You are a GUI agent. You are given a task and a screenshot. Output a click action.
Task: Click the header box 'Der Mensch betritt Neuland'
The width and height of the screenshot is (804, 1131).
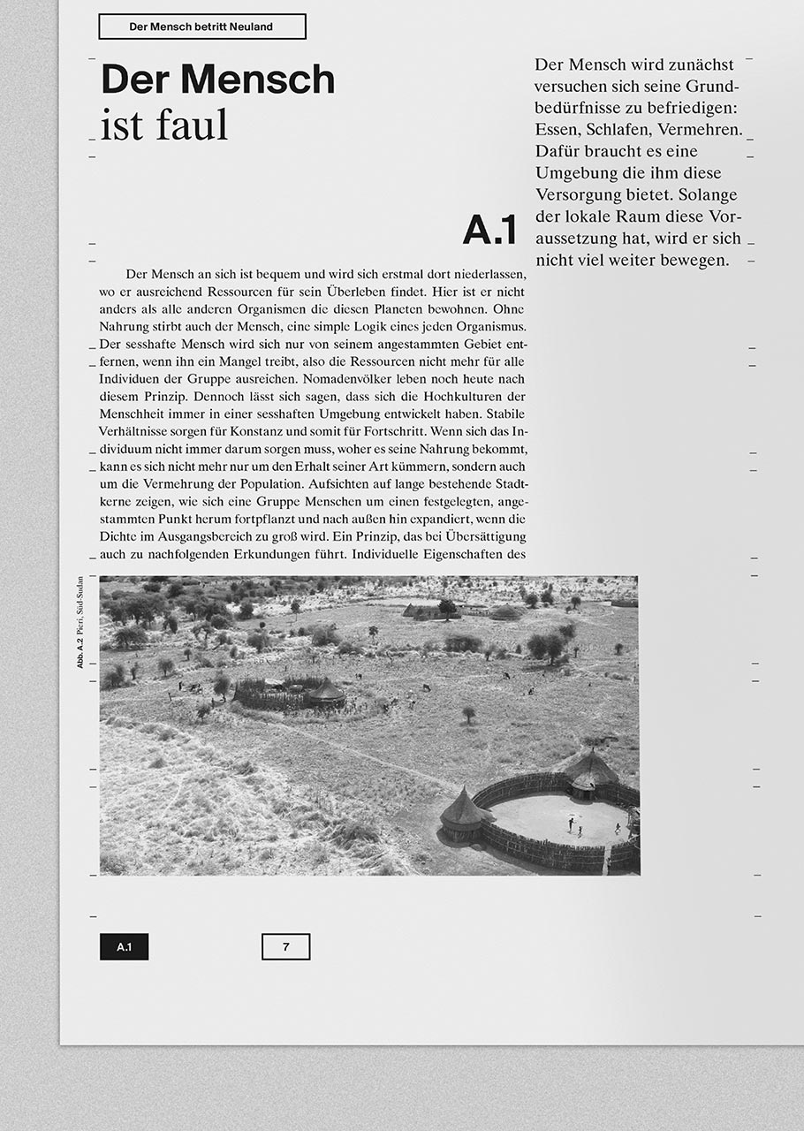click(201, 27)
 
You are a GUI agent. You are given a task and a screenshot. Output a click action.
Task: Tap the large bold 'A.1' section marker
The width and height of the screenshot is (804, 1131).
click(489, 231)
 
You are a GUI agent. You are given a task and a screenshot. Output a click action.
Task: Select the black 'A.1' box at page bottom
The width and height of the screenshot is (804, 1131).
click(124, 947)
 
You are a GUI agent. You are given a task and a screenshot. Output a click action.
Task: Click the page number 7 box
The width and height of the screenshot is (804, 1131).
click(285, 947)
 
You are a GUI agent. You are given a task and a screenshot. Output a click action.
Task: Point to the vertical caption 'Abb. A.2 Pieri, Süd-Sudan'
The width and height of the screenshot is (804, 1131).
click(80, 622)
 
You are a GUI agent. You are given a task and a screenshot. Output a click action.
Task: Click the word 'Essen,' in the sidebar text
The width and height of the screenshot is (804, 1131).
click(559, 130)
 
